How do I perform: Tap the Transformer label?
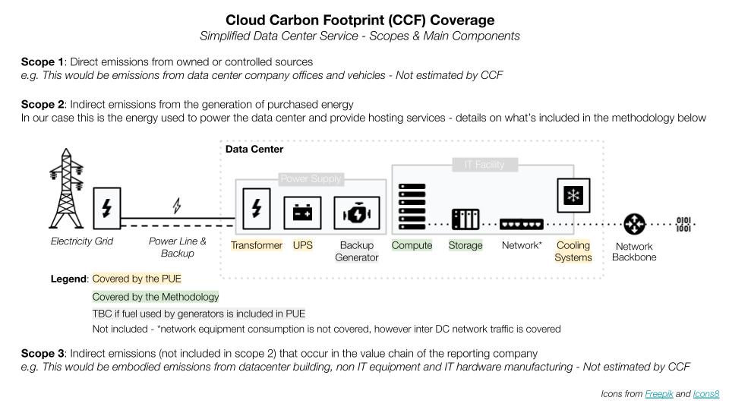(x=257, y=245)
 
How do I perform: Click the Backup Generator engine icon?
(x=356, y=213)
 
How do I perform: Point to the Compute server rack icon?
(x=412, y=207)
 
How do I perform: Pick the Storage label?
(x=465, y=245)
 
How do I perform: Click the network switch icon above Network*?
(x=522, y=223)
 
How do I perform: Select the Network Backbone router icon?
(x=634, y=224)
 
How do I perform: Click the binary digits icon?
(x=683, y=224)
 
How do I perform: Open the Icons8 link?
(x=706, y=394)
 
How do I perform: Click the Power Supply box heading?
(x=311, y=179)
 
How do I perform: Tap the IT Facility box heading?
(x=484, y=164)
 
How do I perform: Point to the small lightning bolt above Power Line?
(x=177, y=205)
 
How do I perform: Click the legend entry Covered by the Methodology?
(x=156, y=297)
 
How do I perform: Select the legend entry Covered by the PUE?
(x=137, y=279)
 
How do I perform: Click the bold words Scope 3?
(x=43, y=353)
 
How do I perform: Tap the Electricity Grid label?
(x=82, y=241)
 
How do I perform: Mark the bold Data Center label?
(x=254, y=150)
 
